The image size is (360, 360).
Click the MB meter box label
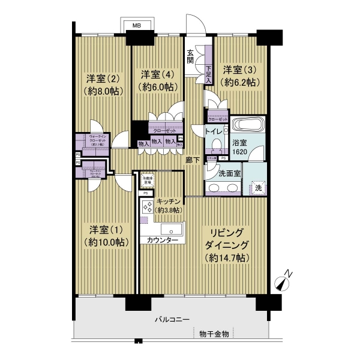pos(137,26)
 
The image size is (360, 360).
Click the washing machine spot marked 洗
pos(258,187)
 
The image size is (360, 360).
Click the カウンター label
pos(158,240)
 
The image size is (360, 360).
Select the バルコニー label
pos(171,320)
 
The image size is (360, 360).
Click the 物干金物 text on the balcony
pos(214,334)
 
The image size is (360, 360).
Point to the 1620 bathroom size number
pos(239,153)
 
